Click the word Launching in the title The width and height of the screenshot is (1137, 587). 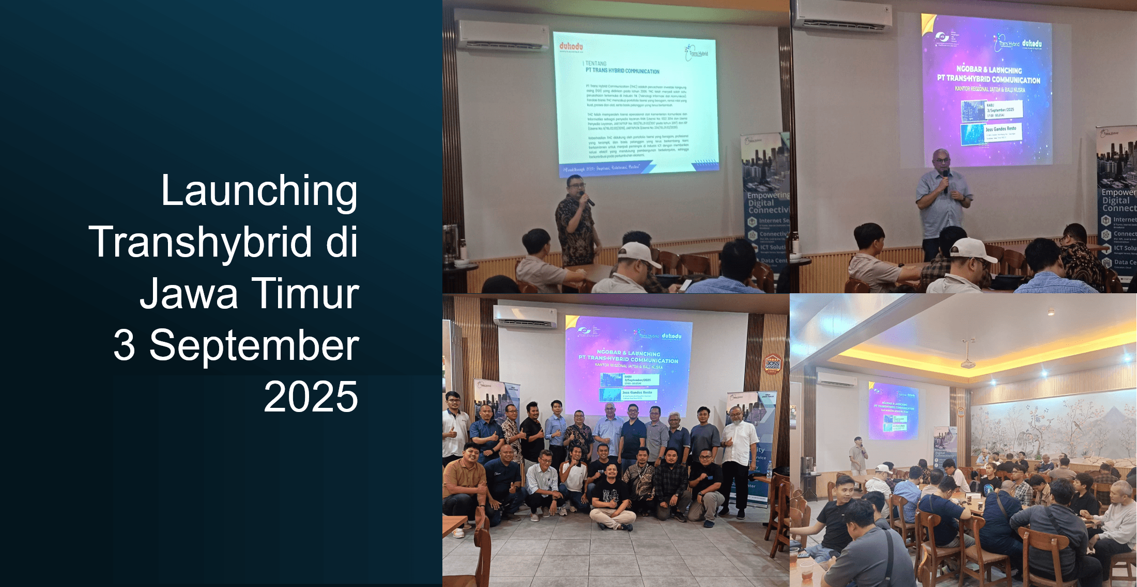(x=259, y=191)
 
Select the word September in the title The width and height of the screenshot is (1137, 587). (x=254, y=345)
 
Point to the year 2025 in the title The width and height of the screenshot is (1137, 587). (x=311, y=396)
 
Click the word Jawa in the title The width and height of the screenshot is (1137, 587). (x=189, y=293)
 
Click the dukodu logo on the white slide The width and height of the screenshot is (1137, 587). (x=571, y=47)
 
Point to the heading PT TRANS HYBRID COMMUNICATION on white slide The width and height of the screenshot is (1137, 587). (x=622, y=71)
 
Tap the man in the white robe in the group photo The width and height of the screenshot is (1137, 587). (x=739, y=454)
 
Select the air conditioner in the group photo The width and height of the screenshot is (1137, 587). (x=525, y=316)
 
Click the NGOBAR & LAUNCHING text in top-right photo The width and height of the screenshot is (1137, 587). (x=989, y=69)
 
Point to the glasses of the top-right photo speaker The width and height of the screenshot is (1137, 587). (x=942, y=161)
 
